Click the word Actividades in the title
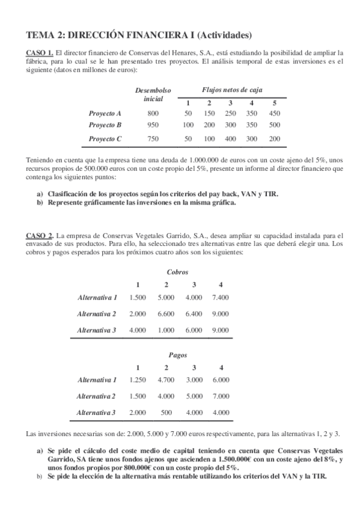point(224,34)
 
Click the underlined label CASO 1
point(40,52)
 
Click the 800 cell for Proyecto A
point(153,113)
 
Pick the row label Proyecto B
point(105,125)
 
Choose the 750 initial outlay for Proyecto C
point(153,139)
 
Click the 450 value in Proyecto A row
point(274,113)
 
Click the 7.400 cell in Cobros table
point(221,297)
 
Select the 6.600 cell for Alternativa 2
point(166,313)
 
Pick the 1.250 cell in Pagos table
point(138,379)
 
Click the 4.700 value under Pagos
point(166,379)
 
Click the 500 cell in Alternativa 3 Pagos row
point(166,413)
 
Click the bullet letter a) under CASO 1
point(40,194)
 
